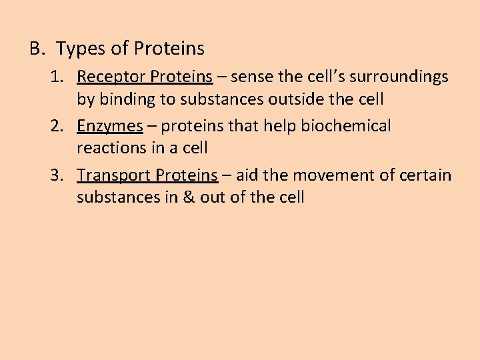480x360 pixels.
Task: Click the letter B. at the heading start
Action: pyautogui.click(x=37, y=49)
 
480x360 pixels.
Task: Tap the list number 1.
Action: pyautogui.click(x=56, y=77)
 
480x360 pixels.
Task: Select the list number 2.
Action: pyautogui.click(x=56, y=126)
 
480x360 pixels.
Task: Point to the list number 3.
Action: pyautogui.click(x=56, y=175)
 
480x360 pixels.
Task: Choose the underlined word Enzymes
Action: pyautogui.click(x=110, y=126)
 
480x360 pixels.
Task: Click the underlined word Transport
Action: pyautogui.click(x=114, y=175)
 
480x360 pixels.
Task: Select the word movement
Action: pyautogui.click(x=323, y=175)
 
